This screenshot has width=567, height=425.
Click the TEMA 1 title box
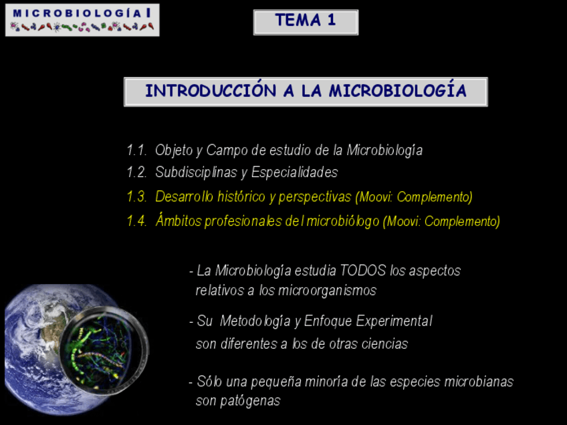point(306,22)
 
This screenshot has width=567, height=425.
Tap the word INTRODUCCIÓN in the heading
point(211,90)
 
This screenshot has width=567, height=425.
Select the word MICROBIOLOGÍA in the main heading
point(397,90)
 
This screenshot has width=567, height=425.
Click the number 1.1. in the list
point(136,150)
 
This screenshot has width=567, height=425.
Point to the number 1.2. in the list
point(136,172)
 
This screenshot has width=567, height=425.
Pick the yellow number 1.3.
point(136,197)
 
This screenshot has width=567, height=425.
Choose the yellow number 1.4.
point(136,221)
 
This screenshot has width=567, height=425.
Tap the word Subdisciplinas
point(196,172)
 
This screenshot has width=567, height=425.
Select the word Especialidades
point(294,172)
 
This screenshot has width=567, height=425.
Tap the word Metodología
point(255,321)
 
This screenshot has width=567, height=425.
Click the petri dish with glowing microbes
point(104,351)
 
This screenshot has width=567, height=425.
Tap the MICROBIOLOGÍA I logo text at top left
point(82,13)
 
